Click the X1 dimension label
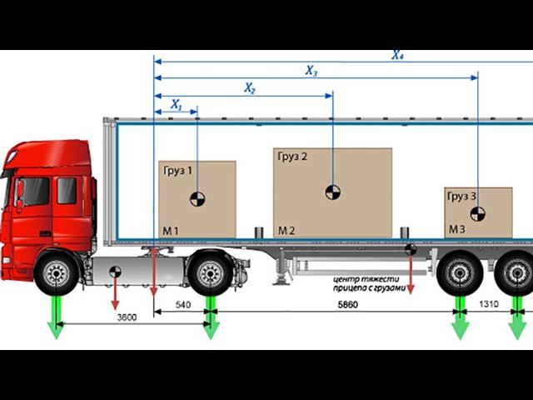click(176, 105)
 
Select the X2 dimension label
click(250, 87)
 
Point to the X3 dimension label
click(311, 71)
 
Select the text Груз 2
click(291, 157)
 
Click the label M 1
click(170, 229)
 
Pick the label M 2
click(286, 229)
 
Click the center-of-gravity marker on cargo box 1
click(197, 198)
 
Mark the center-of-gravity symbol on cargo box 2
click(332, 192)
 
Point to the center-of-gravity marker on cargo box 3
click(477, 213)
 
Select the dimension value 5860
click(336, 305)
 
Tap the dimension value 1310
click(490, 304)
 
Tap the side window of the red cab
click(67, 191)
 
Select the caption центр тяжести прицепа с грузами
click(366, 283)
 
